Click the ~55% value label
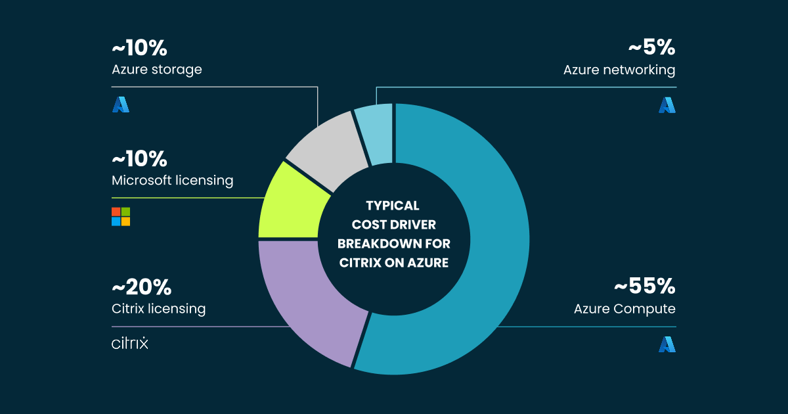point(644,287)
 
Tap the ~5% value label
point(651,48)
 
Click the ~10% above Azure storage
point(139,48)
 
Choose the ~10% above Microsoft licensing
point(139,158)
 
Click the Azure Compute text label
point(624,309)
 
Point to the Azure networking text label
point(619,70)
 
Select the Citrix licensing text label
point(159,309)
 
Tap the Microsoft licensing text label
point(173,181)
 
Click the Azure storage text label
point(157,70)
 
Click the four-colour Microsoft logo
point(121,216)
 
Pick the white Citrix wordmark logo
point(130,343)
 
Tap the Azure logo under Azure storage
point(121,104)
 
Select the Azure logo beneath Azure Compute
point(667,344)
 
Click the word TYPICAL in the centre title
point(392,206)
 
